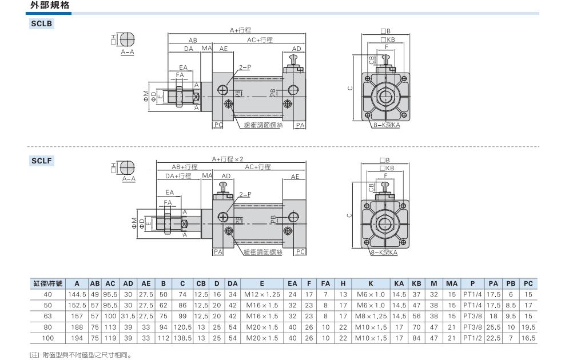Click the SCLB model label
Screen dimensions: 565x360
coord(41,24)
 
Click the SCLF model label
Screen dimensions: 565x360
coord(41,161)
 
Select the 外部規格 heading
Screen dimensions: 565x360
coord(50,5)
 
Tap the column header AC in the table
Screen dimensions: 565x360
coord(110,283)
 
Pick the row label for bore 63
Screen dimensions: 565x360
coord(47,316)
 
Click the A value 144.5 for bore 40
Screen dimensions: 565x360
coord(77,294)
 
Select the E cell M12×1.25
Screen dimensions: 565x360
coord(262,294)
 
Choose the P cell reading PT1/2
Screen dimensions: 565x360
coord(472,338)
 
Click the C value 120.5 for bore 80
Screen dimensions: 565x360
coord(182,327)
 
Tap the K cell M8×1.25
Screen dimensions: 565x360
coord(371,316)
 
